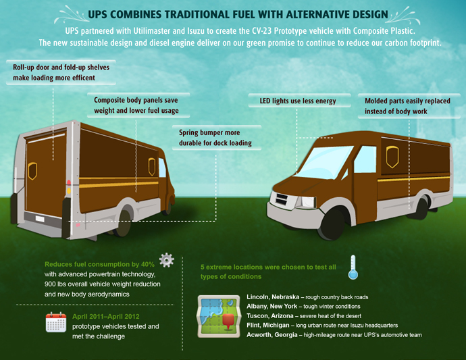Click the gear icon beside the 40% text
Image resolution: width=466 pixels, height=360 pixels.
click(x=166, y=260)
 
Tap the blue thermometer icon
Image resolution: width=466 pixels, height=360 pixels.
click(x=353, y=267)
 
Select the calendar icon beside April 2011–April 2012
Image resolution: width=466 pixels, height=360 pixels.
click(x=56, y=322)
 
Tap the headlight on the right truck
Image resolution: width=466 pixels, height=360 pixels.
click(x=307, y=202)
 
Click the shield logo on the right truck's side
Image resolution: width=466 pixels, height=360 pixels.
click(x=392, y=157)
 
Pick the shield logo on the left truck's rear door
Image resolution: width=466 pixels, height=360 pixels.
click(x=32, y=171)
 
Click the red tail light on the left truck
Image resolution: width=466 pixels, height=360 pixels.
click(x=69, y=183)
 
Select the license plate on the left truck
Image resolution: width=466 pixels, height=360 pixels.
click(x=40, y=219)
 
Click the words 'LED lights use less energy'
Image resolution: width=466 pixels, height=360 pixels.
click(x=298, y=101)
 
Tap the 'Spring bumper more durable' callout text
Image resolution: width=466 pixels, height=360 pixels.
click(x=215, y=138)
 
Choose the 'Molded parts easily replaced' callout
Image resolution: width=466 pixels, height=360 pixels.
click(x=407, y=106)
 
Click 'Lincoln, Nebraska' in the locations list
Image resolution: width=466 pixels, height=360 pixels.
click(x=273, y=297)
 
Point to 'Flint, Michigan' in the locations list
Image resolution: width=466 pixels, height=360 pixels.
click(x=267, y=326)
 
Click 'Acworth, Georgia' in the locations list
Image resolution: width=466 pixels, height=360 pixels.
click(x=272, y=335)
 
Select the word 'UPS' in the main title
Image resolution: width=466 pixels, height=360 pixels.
click(x=97, y=14)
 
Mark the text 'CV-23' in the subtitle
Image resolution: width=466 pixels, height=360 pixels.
click(x=262, y=31)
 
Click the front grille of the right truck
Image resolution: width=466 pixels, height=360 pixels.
click(x=281, y=199)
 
